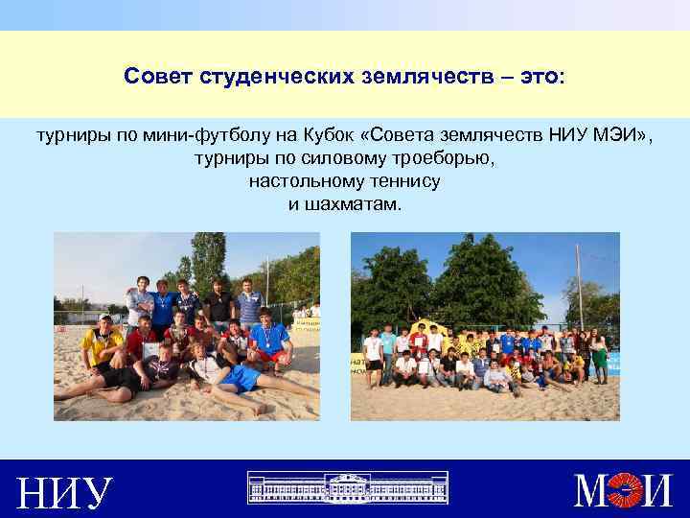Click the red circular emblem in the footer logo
[626, 491]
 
